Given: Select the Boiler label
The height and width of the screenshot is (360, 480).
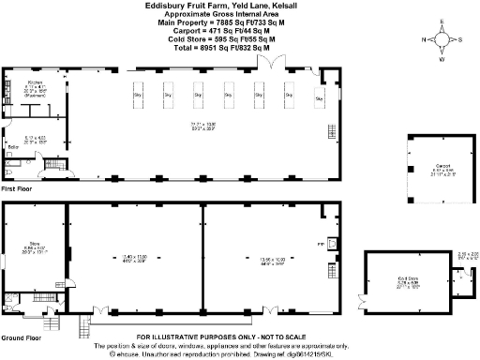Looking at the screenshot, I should point(13,148).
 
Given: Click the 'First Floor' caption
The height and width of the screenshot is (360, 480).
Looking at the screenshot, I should point(18,189).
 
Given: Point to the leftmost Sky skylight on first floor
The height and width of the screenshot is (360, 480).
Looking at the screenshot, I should point(138,95).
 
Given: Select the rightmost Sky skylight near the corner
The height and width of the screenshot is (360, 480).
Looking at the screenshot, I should point(318,98).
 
